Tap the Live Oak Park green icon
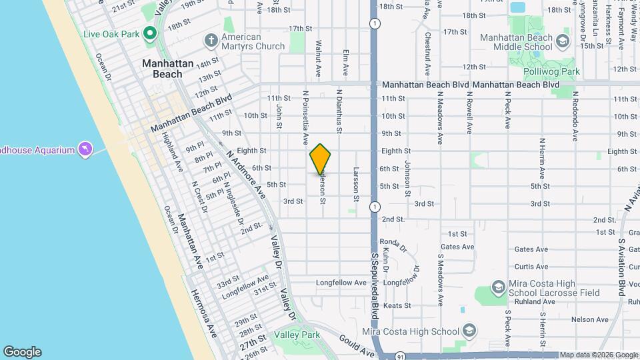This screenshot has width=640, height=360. pyautogui.click(x=150, y=32)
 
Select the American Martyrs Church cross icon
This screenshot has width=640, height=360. pyautogui.click(x=211, y=40)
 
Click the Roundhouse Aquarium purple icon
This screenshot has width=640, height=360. pyautogui.click(x=85, y=149)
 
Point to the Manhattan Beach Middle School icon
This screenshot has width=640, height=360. pyautogui.click(x=562, y=42)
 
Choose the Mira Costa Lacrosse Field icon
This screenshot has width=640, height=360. pyautogui.click(x=498, y=287)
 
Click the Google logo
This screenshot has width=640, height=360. pyautogui.click(x=22, y=351)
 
